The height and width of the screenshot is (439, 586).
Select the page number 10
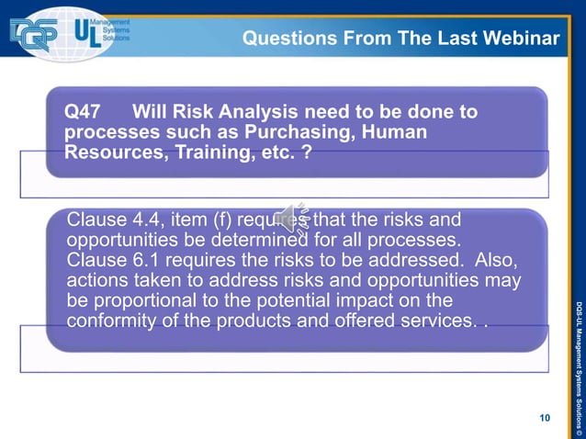pyautogui.click(x=545, y=418)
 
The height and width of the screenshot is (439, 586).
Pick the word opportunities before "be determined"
pyautogui.click(x=125, y=240)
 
